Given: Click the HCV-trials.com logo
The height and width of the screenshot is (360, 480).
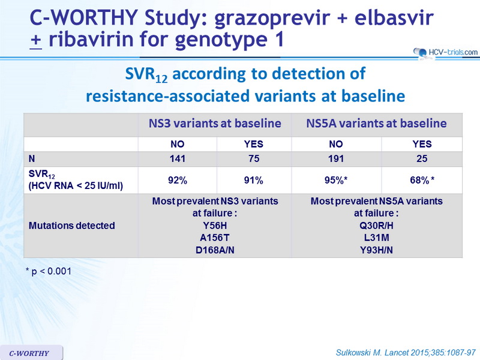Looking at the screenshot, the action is pos(445,52).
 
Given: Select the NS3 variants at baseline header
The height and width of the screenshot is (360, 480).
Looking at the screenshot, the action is pos(215,124).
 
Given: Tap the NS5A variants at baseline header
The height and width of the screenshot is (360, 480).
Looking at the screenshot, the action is pos(377,124).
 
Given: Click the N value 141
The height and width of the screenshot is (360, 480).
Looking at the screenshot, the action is pos(178,158).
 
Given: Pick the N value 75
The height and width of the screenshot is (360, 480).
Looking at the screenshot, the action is pos(254,158).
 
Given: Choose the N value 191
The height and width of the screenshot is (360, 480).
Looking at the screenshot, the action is pos(336,158).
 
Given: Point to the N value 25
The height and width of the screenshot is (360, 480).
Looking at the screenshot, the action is pos(422,158).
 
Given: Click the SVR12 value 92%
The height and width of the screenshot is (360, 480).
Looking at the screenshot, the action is pos(178,181).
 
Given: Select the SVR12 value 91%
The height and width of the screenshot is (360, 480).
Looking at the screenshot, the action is pos(253,181).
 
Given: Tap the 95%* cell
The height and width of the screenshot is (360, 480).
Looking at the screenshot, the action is pos(336,181).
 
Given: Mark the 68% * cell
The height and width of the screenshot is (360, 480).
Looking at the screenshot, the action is pos(422,181).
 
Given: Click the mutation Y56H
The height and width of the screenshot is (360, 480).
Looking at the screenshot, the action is pos(215,226).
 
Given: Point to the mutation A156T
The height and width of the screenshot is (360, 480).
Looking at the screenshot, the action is pos(215,238).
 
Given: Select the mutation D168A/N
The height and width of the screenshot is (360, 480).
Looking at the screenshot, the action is pos(215,250).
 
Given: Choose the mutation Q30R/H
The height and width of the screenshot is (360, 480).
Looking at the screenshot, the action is pos(377,226).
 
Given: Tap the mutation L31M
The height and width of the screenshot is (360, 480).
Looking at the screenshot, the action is pos(377,238).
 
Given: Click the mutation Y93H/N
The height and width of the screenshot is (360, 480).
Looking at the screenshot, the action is pos(377,250).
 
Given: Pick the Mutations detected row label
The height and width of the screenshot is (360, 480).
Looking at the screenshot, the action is pos(71,226).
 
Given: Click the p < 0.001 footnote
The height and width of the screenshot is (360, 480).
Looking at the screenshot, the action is pos(49,271).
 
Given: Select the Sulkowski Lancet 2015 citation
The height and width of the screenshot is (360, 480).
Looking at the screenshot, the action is pos(406,353).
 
